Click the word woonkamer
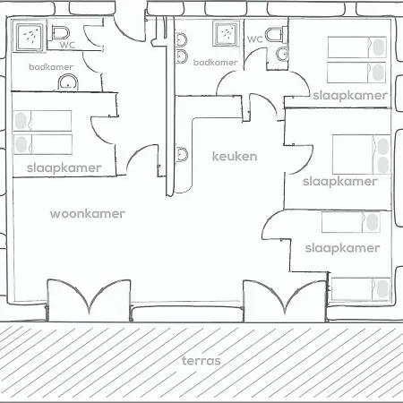(88, 214)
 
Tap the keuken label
(235, 156)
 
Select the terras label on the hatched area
(201, 361)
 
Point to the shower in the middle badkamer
(226, 33)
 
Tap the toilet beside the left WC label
(61, 32)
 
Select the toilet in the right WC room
(276, 34)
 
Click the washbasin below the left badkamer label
(68, 81)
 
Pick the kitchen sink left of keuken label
(182, 154)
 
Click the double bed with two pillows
(362, 154)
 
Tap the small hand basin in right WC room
(282, 54)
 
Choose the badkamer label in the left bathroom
(51, 67)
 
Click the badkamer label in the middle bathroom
(215, 63)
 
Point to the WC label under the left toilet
(67, 45)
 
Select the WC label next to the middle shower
(255, 39)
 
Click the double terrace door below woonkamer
(89, 300)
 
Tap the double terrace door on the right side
(285, 301)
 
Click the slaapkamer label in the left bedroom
(64, 167)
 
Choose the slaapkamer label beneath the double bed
(340, 182)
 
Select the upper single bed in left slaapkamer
(42, 121)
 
